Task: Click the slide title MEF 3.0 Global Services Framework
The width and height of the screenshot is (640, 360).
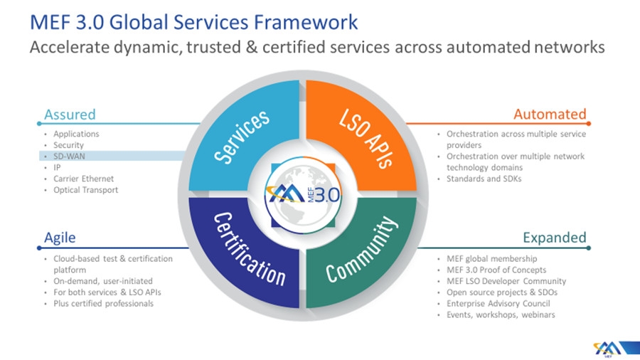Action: click(x=191, y=22)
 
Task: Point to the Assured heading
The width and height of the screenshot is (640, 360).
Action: click(x=70, y=115)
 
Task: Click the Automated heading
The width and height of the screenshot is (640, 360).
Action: click(x=550, y=115)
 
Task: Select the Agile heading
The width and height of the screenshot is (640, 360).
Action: click(x=60, y=238)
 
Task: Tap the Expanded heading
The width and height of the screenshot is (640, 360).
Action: click(x=555, y=238)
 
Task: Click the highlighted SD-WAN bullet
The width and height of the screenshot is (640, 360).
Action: click(x=69, y=157)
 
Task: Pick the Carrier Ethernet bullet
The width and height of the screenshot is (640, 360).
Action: click(x=83, y=179)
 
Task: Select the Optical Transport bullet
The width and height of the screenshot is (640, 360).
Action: click(x=85, y=190)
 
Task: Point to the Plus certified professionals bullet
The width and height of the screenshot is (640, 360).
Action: click(x=103, y=303)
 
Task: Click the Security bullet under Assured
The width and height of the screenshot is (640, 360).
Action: click(x=68, y=145)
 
